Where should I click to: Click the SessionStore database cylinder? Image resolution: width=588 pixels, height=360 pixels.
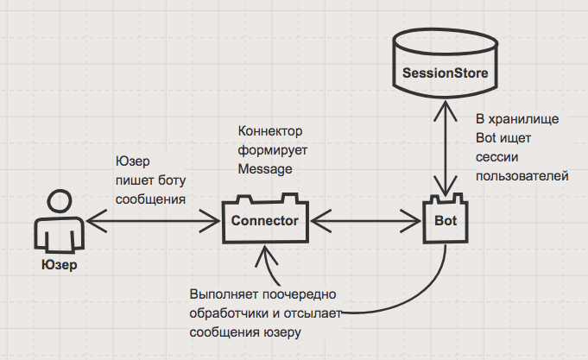[x=445, y=69]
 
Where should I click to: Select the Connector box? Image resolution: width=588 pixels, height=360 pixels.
[x=264, y=221]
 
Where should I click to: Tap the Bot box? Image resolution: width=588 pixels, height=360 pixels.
[x=445, y=221]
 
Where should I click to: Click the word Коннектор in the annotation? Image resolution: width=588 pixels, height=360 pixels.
[x=271, y=130]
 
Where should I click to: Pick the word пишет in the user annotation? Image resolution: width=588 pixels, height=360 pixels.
[x=133, y=180]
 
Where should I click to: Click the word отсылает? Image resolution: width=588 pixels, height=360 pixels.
[x=315, y=313]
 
